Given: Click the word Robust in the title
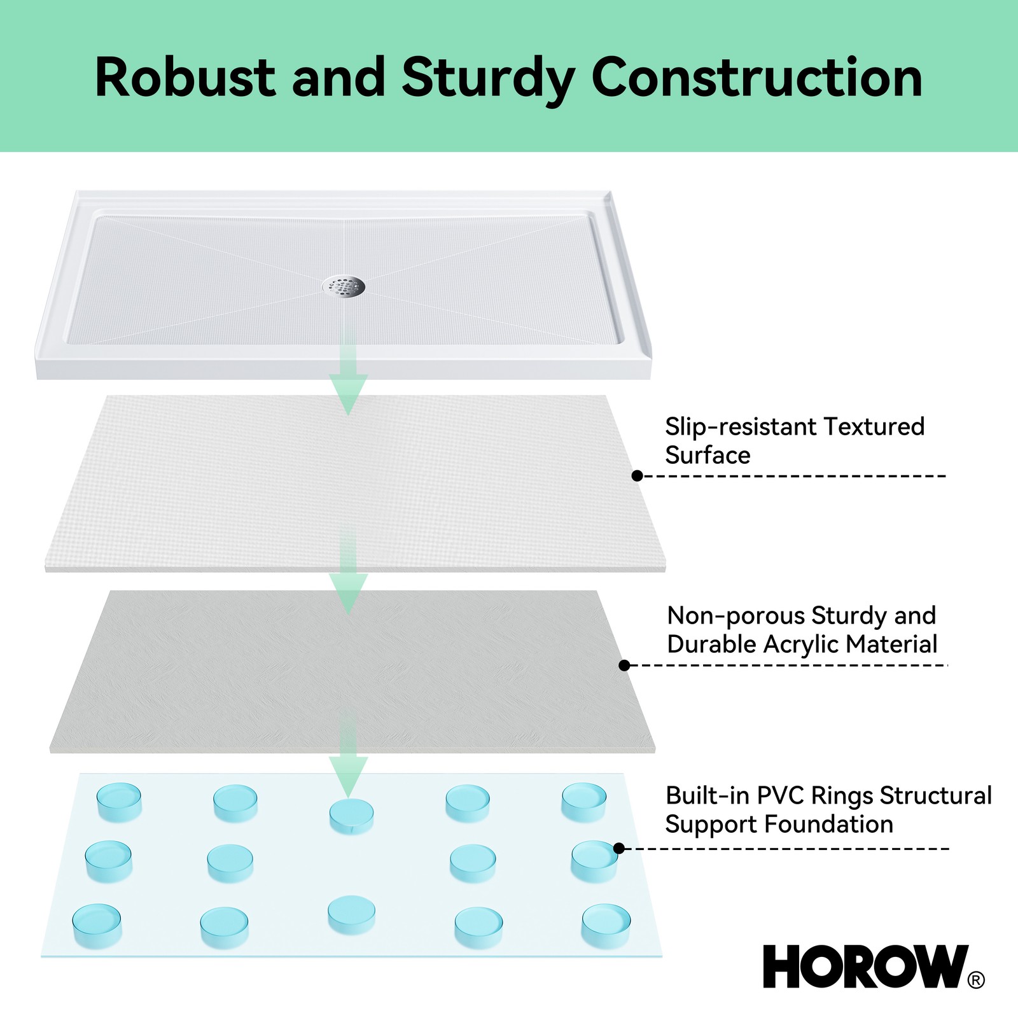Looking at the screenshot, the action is coord(185,77).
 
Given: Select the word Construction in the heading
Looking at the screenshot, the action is coord(757,77).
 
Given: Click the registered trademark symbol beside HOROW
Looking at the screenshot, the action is coord(976,980).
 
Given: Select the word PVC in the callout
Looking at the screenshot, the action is coord(780,795).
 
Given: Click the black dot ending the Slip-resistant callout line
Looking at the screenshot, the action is coord(637,476).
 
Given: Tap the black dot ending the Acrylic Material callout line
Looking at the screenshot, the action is coord(624,665).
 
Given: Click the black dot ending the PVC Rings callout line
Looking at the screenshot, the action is coord(618,848).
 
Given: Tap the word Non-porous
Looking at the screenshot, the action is coord(736,616).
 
